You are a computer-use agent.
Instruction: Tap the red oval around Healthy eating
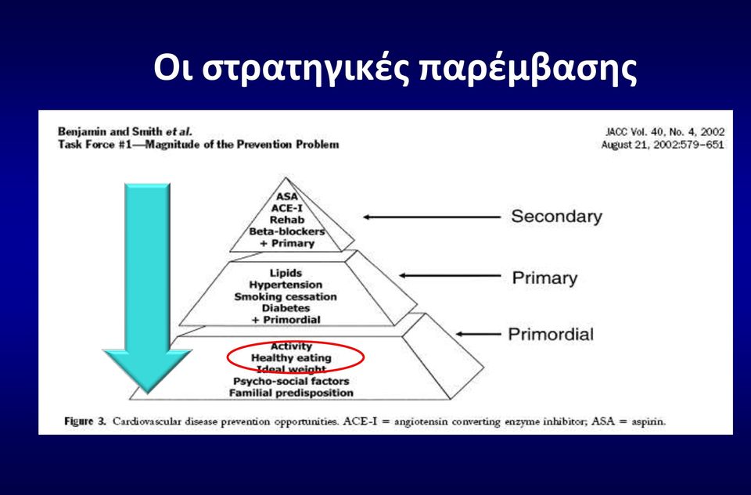[228, 357]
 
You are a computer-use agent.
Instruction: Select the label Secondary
[556, 217]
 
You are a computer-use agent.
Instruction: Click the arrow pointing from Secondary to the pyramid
[432, 217]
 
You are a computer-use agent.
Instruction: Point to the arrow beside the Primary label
[450, 275]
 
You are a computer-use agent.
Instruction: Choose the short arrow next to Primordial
[478, 334]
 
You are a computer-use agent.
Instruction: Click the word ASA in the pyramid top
[287, 196]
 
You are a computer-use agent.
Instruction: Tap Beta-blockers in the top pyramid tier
[287, 231]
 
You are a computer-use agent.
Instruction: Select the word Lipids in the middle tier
[286, 273]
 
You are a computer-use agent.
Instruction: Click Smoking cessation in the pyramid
[286, 296]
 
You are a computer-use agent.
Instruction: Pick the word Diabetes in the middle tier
[286, 308]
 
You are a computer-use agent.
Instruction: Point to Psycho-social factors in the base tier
[291, 381]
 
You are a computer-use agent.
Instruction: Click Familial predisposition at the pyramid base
[291, 393]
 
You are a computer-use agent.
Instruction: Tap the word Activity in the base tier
[291, 346]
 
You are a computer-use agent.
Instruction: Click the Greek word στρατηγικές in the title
[306, 68]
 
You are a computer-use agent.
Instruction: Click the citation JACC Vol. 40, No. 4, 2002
[665, 131]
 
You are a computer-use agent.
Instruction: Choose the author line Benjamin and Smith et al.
[125, 131]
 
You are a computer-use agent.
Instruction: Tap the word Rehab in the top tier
[287, 220]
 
